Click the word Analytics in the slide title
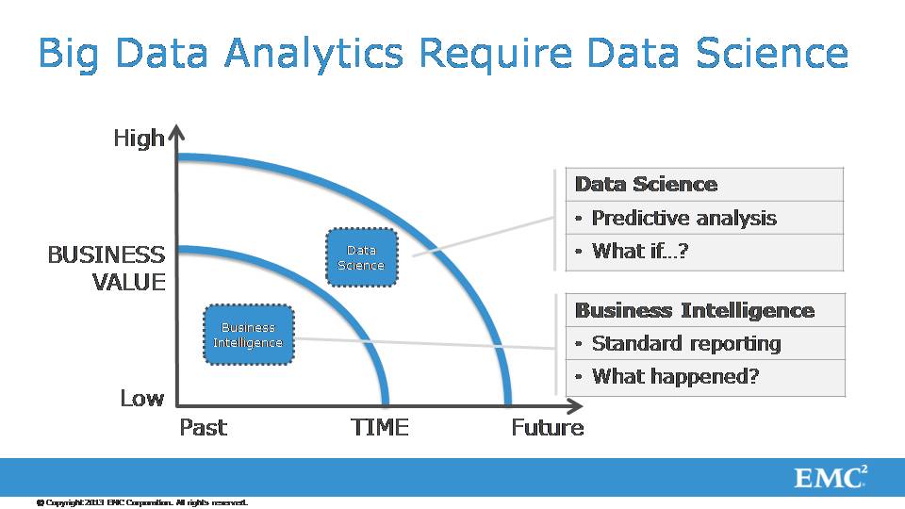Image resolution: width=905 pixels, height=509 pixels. click(x=313, y=54)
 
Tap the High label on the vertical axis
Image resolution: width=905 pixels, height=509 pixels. click(x=140, y=139)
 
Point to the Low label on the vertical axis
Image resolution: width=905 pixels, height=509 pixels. click(x=142, y=398)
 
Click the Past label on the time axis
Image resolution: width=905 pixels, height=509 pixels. click(x=204, y=428)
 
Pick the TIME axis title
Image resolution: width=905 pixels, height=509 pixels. click(x=380, y=428)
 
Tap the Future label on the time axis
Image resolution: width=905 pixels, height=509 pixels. click(x=548, y=428)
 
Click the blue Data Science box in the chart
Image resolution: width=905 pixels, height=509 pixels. click(x=361, y=257)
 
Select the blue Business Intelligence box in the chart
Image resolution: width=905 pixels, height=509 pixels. click(x=248, y=335)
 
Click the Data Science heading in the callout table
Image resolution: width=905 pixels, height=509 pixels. click(x=647, y=184)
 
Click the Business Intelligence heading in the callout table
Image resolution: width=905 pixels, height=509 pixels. click(x=695, y=310)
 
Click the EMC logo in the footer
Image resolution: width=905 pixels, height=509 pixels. click(x=831, y=477)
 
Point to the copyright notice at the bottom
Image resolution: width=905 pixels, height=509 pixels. click(x=142, y=502)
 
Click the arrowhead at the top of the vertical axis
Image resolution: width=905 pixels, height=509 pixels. click(x=177, y=132)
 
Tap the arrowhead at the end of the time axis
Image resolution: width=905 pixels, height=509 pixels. click(x=574, y=406)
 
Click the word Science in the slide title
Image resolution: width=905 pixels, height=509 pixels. click(x=772, y=53)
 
